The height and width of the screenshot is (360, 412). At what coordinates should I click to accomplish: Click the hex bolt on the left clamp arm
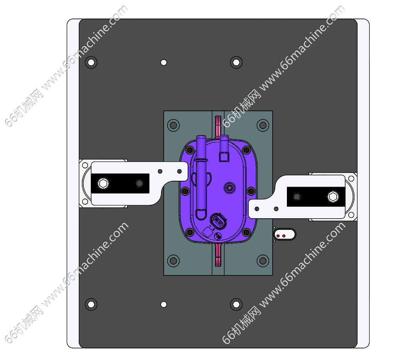tap(103, 183)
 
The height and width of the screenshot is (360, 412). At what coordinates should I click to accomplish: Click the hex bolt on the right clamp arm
tap(333, 197)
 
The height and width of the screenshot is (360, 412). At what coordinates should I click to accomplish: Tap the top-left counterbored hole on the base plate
tap(91, 63)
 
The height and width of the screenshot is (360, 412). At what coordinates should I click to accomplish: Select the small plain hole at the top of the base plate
tap(164, 63)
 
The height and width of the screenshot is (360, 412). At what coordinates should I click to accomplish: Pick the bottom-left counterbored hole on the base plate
tap(91, 304)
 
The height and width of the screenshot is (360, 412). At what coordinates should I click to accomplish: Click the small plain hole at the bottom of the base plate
tap(164, 304)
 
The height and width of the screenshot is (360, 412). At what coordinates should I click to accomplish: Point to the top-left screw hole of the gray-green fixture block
tap(173, 125)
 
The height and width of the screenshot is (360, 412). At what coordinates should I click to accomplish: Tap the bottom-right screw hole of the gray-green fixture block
tap(263, 261)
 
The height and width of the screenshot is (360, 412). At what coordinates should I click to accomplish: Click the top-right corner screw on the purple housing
tap(246, 150)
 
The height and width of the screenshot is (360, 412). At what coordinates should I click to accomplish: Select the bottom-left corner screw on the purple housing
tap(190, 232)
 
